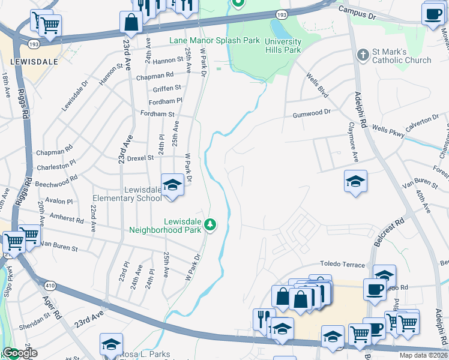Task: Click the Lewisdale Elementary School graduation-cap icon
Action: point(172,184)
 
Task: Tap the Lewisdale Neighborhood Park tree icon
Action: point(210,225)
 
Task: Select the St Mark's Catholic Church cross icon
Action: point(363,55)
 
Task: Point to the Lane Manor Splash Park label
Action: point(214,41)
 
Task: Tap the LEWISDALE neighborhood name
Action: point(34,62)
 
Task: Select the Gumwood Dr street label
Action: point(312,112)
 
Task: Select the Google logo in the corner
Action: point(20,353)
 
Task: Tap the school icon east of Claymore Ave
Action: point(355,182)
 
